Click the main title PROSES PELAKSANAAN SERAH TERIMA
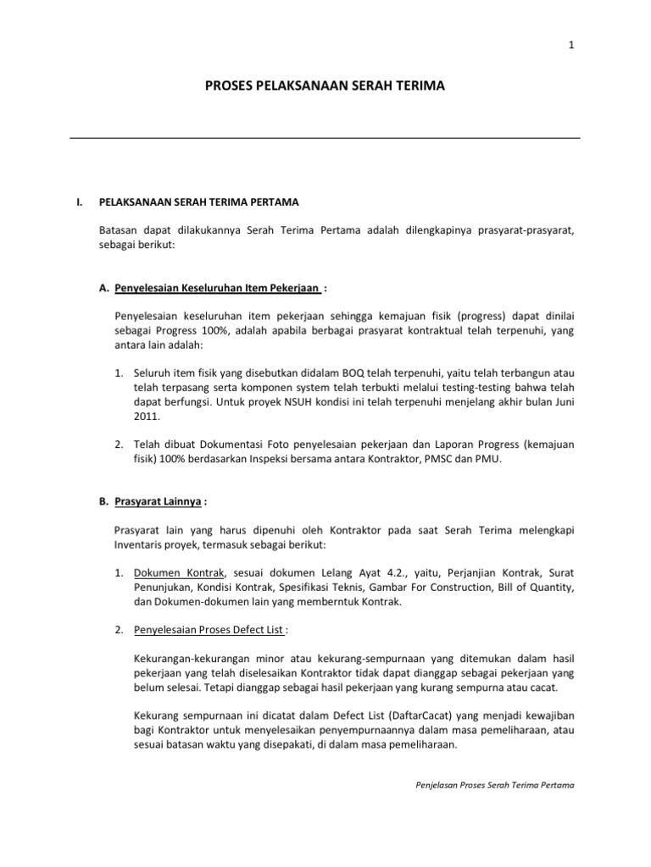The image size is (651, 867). (x=325, y=86)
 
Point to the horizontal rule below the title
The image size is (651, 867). (x=325, y=138)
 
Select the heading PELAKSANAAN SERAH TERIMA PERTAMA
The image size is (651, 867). (x=198, y=203)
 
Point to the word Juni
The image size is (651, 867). (x=563, y=402)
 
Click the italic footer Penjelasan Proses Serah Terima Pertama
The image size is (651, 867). (x=490, y=785)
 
